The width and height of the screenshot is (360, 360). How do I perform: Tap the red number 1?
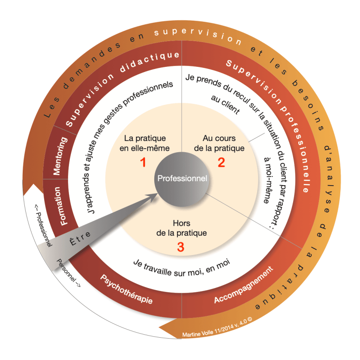(x=144, y=162)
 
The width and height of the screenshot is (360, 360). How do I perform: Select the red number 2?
(x=221, y=162)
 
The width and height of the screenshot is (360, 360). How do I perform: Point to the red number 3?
(x=181, y=247)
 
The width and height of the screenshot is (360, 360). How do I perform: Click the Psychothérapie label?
(x=126, y=291)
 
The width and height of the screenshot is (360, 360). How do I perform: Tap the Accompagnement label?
(x=243, y=286)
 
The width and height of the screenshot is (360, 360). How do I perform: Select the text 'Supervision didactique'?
(x=122, y=90)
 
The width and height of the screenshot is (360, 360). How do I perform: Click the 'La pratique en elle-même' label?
(x=144, y=144)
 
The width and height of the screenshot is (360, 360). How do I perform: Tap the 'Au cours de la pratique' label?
(x=219, y=144)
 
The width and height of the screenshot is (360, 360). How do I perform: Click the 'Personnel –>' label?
(x=68, y=273)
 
